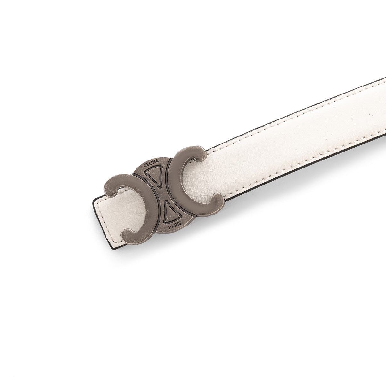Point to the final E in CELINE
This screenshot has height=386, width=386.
[157, 160]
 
